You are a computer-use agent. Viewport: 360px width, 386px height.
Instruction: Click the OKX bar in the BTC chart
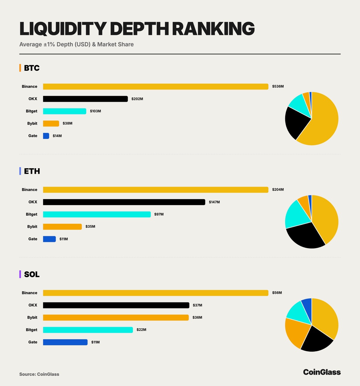click(x=85, y=99)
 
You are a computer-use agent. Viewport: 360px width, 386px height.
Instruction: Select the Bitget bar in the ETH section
click(x=97, y=214)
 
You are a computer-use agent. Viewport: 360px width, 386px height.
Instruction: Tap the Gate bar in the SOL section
click(x=65, y=342)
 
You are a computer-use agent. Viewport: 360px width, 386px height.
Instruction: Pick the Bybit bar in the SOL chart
click(x=116, y=318)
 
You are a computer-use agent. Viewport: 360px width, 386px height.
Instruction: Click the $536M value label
click(x=278, y=87)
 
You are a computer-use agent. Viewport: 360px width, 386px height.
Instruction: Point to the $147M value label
click(x=214, y=202)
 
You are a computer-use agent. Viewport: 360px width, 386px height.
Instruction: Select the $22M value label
click(x=141, y=330)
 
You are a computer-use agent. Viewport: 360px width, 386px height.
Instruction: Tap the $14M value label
click(x=57, y=136)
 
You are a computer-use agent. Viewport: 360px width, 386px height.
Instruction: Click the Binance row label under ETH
click(x=30, y=190)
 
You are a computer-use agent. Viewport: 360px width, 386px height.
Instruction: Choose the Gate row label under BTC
click(x=33, y=136)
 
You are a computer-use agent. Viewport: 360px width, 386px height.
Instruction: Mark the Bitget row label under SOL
click(x=31, y=330)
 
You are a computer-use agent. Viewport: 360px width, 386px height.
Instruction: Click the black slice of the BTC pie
click(x=297, y=122)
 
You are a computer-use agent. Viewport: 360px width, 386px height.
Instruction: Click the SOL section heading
click(x=32, y=274)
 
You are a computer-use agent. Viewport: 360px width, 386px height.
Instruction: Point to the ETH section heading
click(x=32, y=171)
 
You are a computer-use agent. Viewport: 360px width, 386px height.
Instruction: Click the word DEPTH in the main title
click(x=139, y=29)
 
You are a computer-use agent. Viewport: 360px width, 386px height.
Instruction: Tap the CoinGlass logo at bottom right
click(x=322, y=372)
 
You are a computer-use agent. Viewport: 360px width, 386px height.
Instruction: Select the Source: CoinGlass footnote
click(x=39, y=374)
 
